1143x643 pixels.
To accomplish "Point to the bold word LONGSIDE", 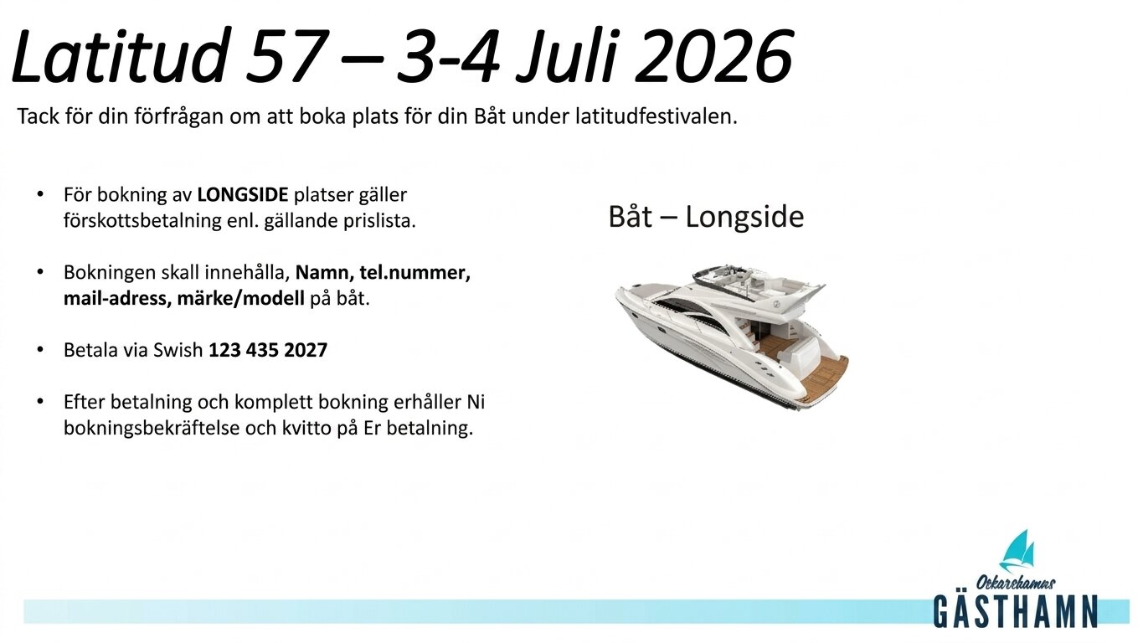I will click(x=243, y=196).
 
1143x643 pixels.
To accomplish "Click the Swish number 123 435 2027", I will click(x=268, y=350).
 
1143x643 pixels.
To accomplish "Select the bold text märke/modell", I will click(x=241, y=299).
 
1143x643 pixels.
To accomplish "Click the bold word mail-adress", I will click(x=116, y=299).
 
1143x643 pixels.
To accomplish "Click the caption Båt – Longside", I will click(x=705, y=217).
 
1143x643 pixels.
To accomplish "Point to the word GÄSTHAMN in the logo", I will click(x=1015, y=610).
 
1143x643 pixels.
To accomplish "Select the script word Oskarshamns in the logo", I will click(x=1015, y=582).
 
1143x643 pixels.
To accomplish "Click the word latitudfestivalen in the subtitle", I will click(x=656, y=117).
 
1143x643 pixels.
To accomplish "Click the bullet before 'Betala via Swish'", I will click(x=40, y=350).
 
